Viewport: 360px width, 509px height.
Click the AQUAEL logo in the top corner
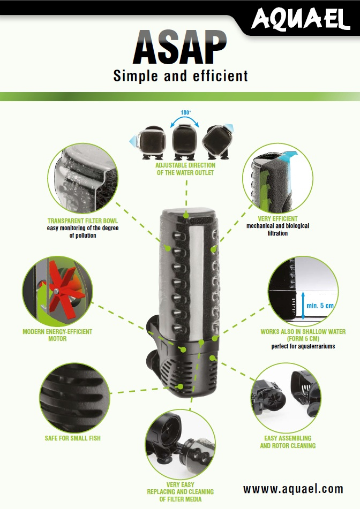tap(301, 20)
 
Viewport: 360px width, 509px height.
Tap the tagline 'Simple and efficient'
tap(181, 76)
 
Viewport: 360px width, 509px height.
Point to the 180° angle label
tap(185, 113)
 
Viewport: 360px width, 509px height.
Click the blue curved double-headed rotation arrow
tap(185, 121)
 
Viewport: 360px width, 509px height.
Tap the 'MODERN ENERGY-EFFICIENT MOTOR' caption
tap(57, 335)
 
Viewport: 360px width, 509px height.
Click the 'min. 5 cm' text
tap(319, 305)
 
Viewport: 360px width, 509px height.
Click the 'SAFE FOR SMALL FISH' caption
tap(72, 438)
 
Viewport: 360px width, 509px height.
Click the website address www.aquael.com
tap(293, 489)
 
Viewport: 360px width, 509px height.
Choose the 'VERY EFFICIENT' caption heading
tap(277, 219)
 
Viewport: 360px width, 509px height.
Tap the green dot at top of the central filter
tap(185, 214)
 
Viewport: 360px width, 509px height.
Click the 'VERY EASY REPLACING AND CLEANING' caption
tap(180, 491)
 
